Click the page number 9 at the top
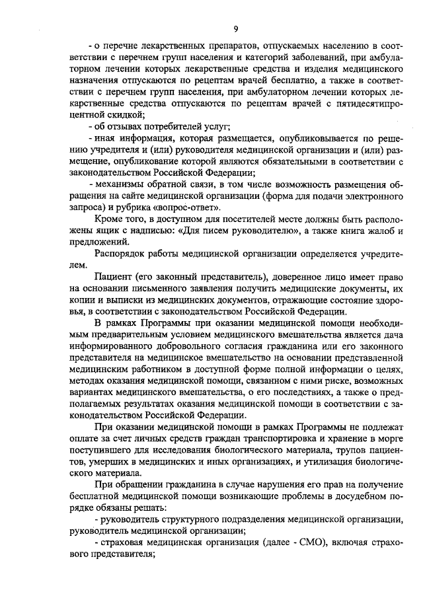235,28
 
